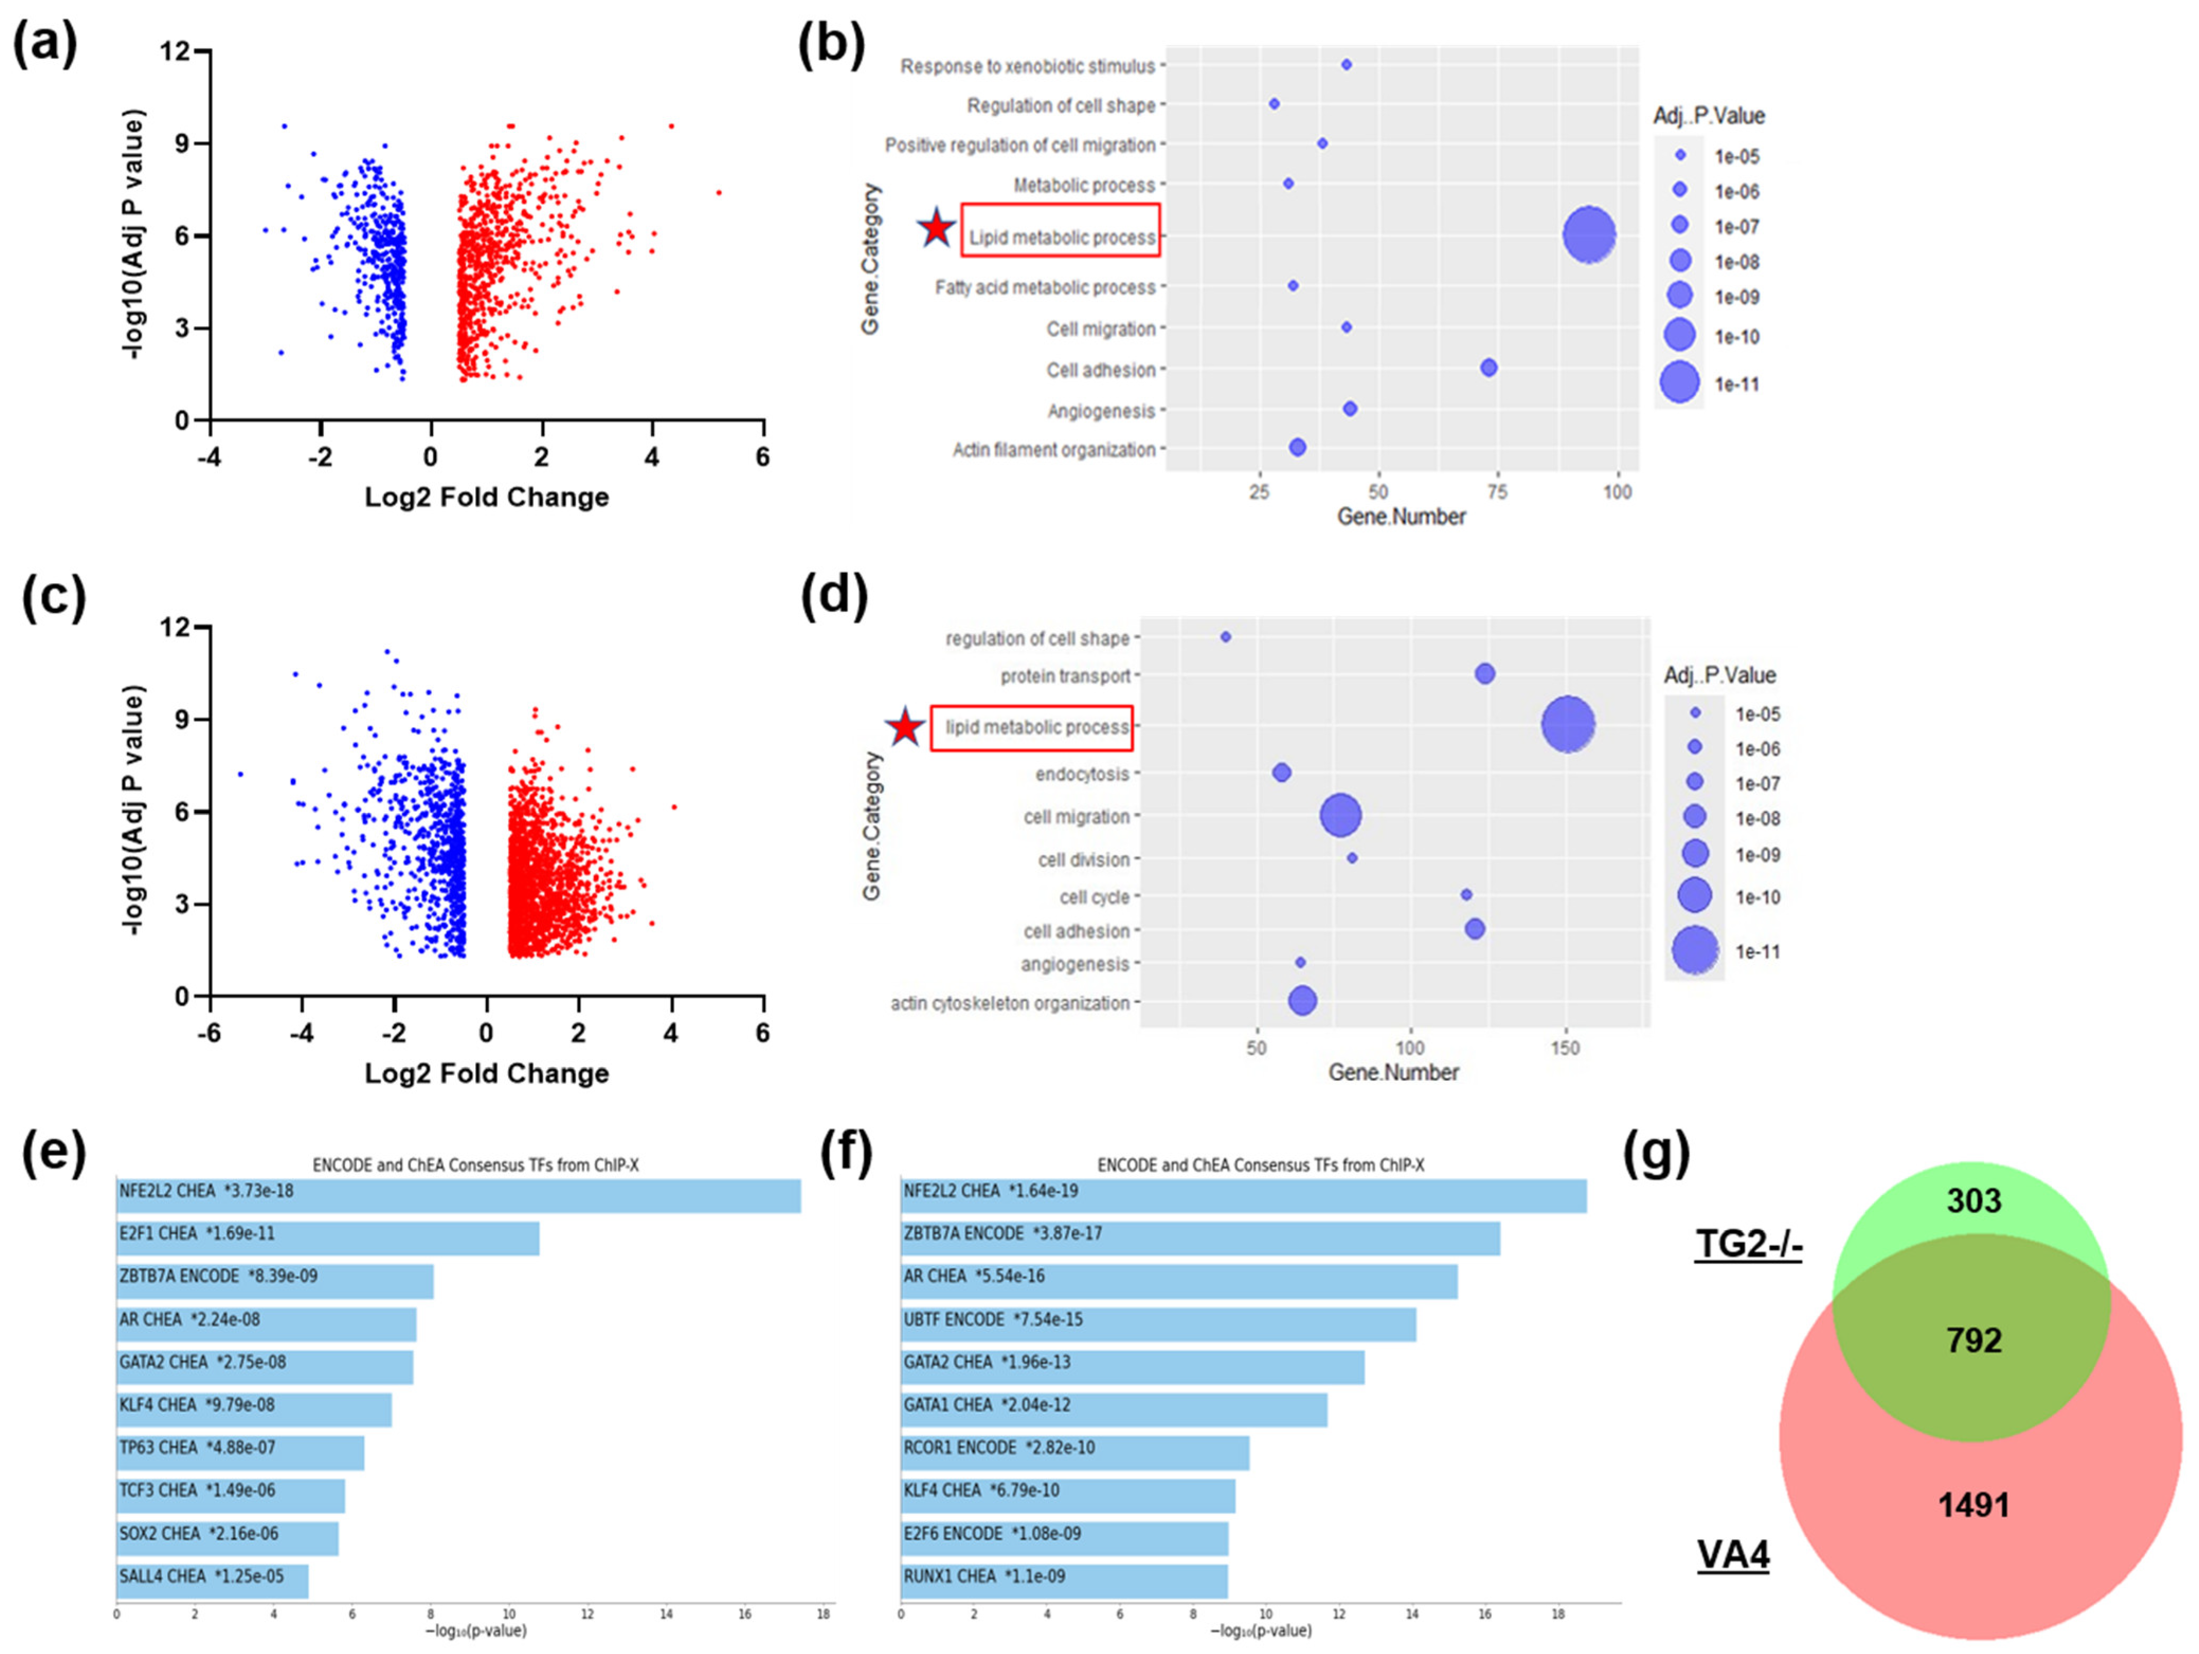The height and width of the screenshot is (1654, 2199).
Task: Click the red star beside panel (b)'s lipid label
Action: coord(936,229)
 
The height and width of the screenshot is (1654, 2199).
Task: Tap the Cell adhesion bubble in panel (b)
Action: coord(1488,368)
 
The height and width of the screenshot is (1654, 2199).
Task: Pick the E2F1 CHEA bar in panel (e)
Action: coord(328,1239)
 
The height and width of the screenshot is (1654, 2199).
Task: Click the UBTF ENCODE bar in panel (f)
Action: coord(1158,1324)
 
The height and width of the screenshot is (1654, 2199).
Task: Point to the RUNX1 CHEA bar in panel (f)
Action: coord(1064,1580)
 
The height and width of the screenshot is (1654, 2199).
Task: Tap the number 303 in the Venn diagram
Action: coord(1974,1201)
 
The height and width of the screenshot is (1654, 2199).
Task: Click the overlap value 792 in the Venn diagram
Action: coord(1974,1341)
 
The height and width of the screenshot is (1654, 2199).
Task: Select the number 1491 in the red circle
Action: coord(1974,1505)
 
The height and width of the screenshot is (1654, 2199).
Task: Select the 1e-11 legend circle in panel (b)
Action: coord(1679,383)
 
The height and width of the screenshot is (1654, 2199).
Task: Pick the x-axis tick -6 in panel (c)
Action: coord(209,1034)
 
